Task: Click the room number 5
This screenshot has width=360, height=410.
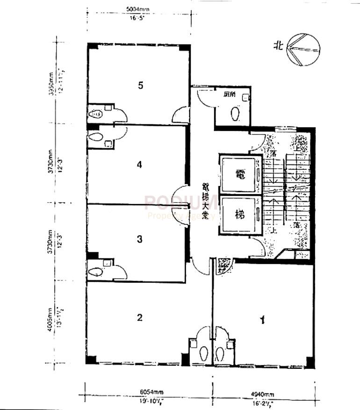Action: [x=140, y=85]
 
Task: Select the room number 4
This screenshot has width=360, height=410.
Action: [x=139, y=165]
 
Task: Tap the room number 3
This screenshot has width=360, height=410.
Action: [x=139, y=239]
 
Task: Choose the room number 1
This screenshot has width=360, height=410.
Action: [x=263, y=320]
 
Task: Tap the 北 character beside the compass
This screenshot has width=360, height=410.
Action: [x=279, y=46]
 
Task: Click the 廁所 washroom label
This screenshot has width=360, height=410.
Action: [x=229, y=94]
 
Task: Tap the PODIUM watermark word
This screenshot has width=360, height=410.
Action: [x=180, y=202]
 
